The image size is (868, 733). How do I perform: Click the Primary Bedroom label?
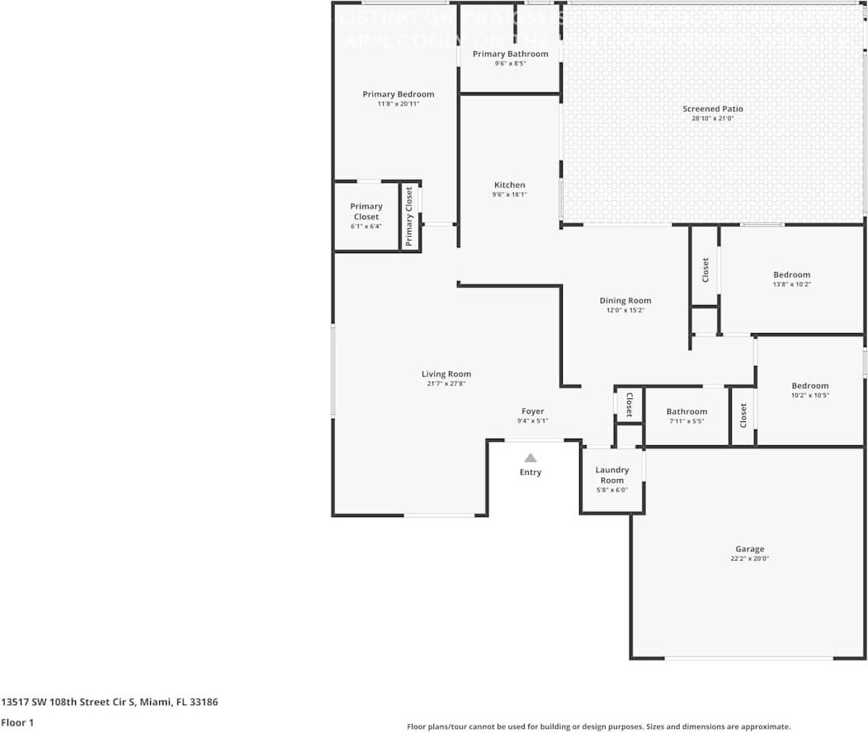(398, 94)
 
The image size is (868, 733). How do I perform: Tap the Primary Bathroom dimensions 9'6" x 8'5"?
(510, 63)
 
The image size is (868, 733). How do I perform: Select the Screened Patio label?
(712, 109)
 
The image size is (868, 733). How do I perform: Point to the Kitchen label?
(509, 185)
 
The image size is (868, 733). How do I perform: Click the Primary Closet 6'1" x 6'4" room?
(366, 216)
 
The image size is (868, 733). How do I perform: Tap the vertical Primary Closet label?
(408, 216)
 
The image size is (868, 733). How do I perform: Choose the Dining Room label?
(625, 301)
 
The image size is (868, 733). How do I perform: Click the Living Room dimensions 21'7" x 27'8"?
(446, 383)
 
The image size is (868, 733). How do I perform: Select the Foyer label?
(532, 411)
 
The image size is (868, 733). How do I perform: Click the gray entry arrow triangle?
(531, 458)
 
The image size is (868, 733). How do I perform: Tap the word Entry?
(531, 472)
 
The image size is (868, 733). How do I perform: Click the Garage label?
(749, 549)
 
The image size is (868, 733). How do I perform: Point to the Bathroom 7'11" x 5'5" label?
(686, 411)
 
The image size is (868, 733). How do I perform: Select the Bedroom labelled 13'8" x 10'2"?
(791, 275)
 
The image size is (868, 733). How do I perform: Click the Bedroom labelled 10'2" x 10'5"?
(809, 386)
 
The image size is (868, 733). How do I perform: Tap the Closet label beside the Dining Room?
(705, 269)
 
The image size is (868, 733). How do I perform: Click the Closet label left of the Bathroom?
(629, 405)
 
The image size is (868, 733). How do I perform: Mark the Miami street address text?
(110, 702)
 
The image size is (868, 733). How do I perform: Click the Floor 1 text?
(17, 722)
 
